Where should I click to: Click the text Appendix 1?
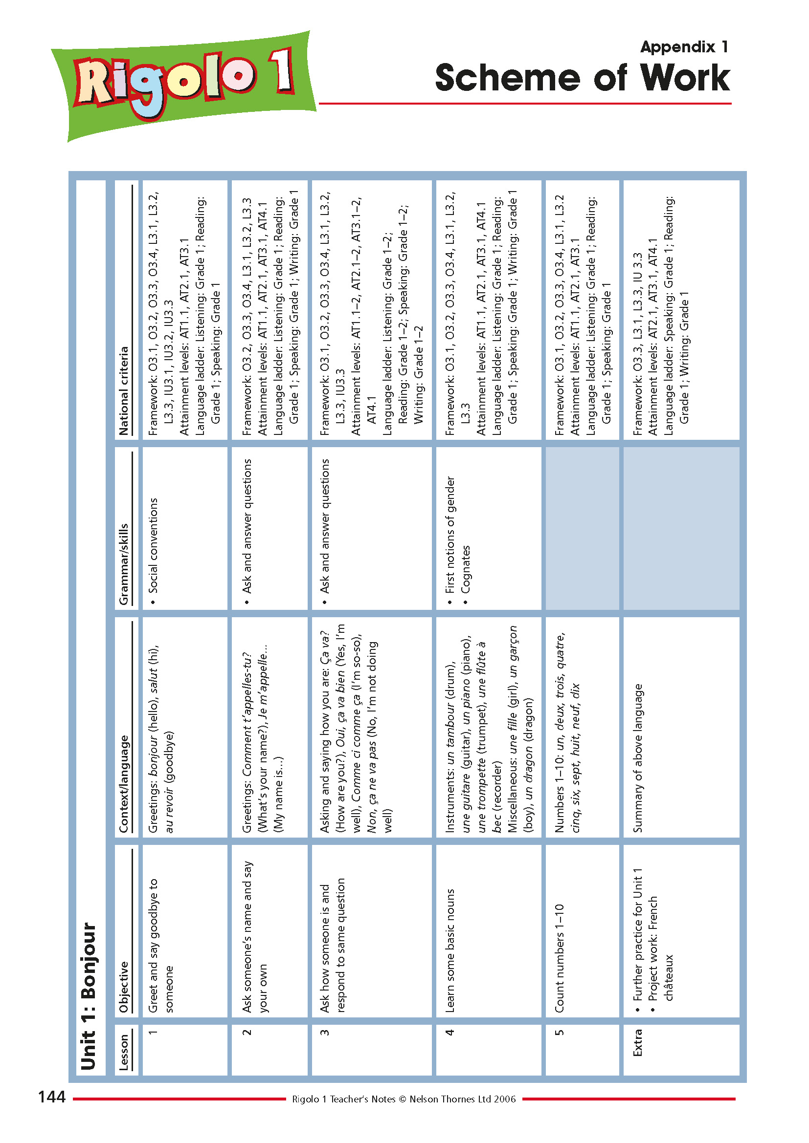(684, 47)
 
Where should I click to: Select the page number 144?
(52, 1096)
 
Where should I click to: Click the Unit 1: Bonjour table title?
(89, 995)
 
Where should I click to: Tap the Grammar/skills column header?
(124, 564)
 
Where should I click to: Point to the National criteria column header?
(124, 390)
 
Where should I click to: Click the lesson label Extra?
(637, 1042)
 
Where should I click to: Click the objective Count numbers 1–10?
(559, 958)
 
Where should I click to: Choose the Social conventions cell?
(153, 545)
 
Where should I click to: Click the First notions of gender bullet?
(450, 535)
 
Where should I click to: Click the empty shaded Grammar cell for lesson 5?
(582, 528)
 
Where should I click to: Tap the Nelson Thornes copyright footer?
(404, 1099)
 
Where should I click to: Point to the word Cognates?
(465, 569)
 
